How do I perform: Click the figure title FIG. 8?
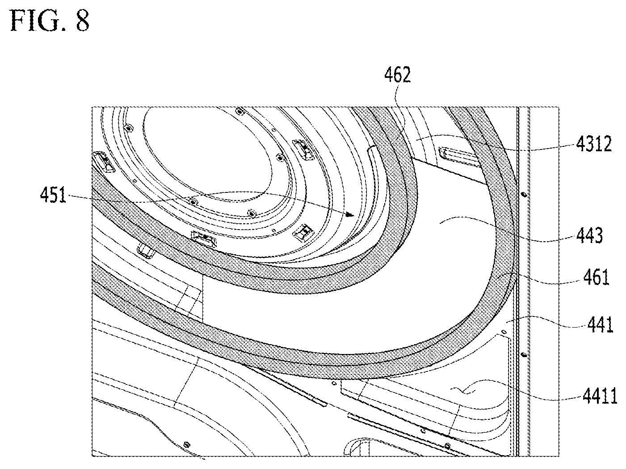[x=50, y=21]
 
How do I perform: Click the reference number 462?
[x=397, y=75]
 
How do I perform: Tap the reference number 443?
[x=589, y=235]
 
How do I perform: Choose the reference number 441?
[x=600, y=325]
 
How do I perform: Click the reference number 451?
[x=53, y=195]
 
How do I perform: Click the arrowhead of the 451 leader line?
[x=350, y=215]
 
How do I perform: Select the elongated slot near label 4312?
[x=458, y=157]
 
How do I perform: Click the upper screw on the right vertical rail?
[x=524, y=195]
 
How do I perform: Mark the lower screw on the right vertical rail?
[x=524, y=355]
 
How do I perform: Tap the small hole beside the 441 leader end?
[x=504, y=332]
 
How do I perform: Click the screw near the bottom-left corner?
[x=187, y=444]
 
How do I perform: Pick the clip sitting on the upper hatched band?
[x=204, y=238]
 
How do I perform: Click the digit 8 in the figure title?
[x=82, y=21]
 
